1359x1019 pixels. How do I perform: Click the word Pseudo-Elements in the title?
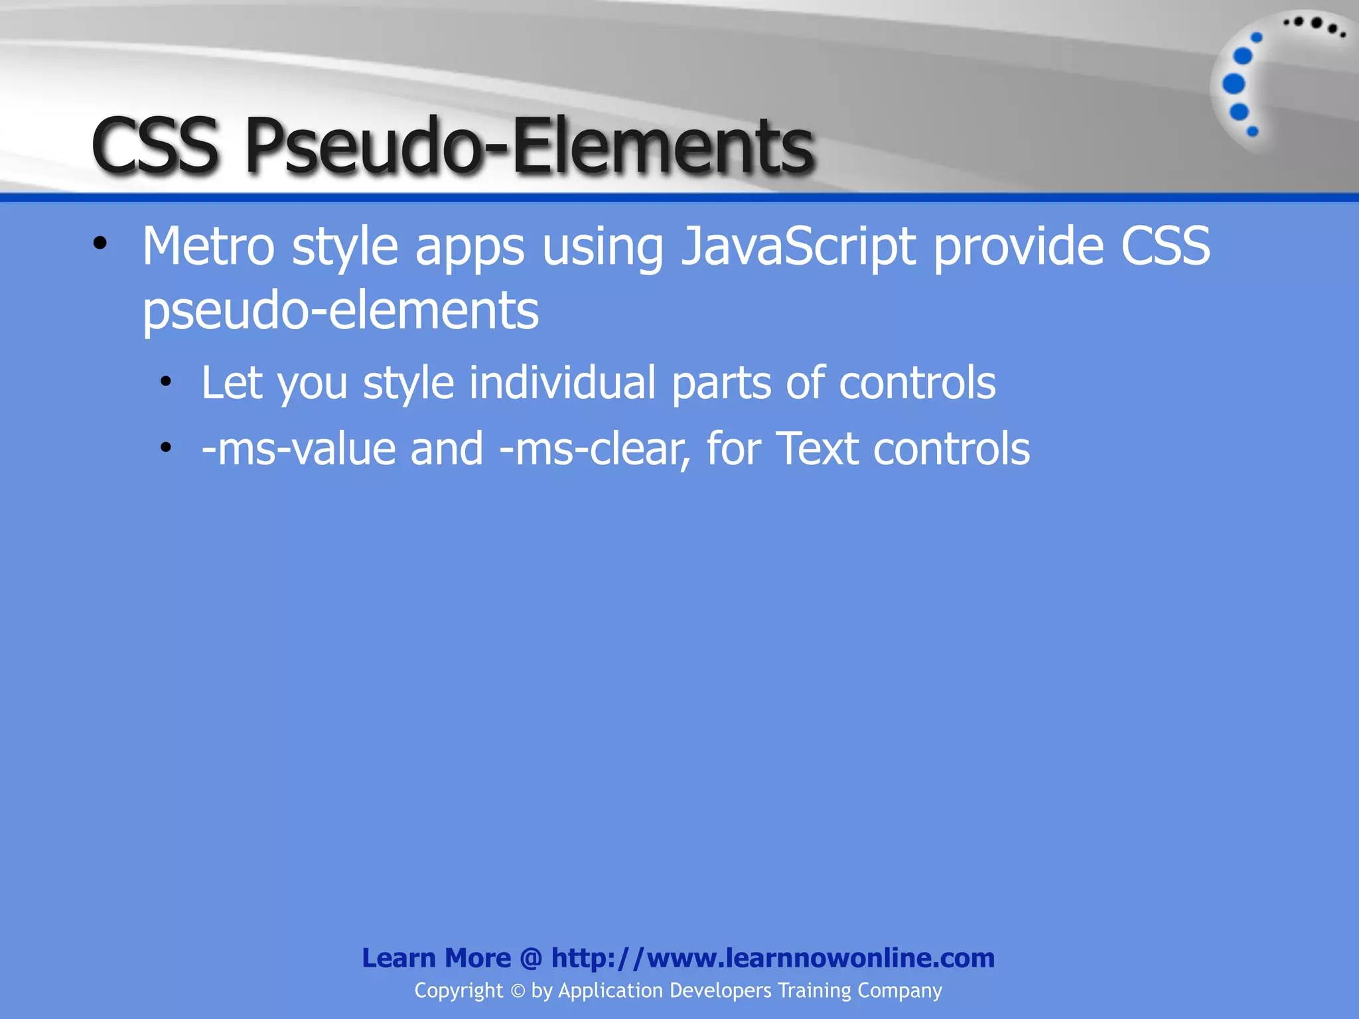click(x=529, y=145)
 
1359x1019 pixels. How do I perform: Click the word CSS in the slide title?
click(x=155, y=145)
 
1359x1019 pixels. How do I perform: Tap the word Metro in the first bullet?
click(x=208, y=247)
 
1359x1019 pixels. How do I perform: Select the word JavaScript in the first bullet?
click(x=798, y=247)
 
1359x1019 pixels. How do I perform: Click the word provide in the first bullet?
click(x=1018, y=247)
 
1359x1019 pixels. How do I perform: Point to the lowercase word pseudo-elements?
click(x=340, y=310)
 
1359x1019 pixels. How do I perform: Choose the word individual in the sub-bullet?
click(x=562, y=383)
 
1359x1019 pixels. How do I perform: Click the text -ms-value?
click(x=298, y=449)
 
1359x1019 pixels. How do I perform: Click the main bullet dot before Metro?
click(x=100, y=243)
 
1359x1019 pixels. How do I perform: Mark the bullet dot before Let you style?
click(x=166, y=381)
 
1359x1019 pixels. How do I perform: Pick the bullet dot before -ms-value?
click(x=166, y=448)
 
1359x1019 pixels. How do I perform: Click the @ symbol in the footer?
click(x=531, y=959)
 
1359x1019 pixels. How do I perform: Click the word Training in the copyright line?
click(x=814, y=990)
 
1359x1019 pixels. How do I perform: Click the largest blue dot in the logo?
click(x=1234, y=84)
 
